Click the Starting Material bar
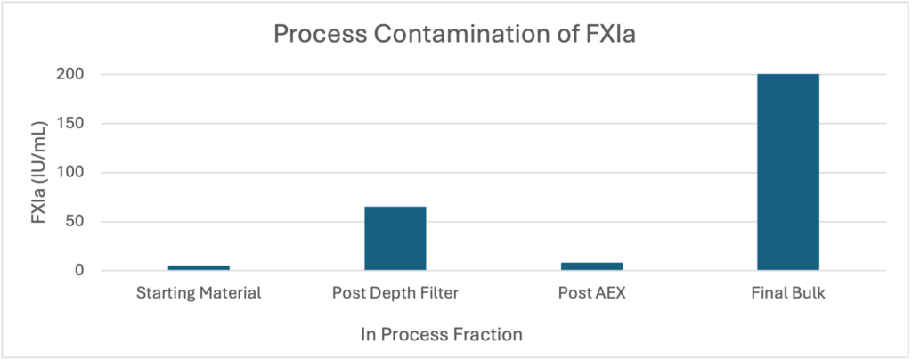pyautogui.click(x=199, y=267)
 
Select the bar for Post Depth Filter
pyautogui.click(x=395, y=239)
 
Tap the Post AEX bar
pyautogui.click(x=591, y=266)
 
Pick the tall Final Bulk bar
pyautogui.click(x=788, y=172)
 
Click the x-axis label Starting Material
pyautogui.click(x=199, y=292)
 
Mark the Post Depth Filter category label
pyautogui.click(x=395, y=292)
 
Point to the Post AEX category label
pyautogui.click(x=591, y=292)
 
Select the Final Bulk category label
pyautogui.click(x=788, y=292)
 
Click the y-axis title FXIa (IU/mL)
pyautogui.click(x=39, y=173)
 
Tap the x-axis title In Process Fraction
pyautogui.click(x=442, y=335)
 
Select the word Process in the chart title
pyautogui.click(x=321, y=35)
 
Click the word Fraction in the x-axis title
pyautogui.click(x=489, y=335)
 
